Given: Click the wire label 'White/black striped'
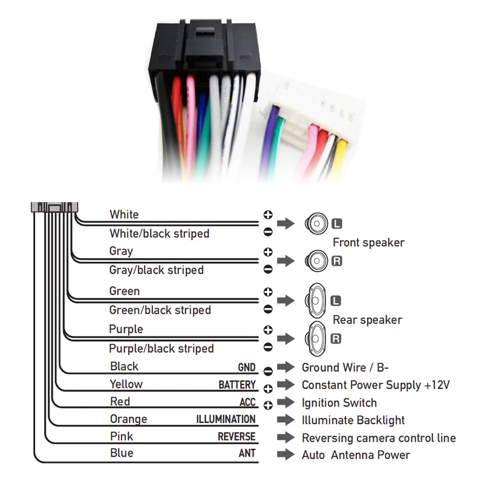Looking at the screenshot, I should [159, 234].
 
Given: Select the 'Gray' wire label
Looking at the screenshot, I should [121, 251].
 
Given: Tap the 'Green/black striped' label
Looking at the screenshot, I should [160, 310].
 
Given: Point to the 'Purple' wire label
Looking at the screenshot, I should [126, 329].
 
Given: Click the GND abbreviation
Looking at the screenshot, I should [246, 368].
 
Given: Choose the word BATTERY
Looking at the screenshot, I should [237, 385].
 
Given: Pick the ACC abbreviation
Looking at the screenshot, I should [247, 403].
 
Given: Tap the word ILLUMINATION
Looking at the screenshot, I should [226, 420].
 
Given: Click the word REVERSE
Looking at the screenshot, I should [237, 437].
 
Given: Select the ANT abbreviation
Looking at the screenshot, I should [247, 454].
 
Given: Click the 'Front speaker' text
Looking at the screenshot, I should [368, 243].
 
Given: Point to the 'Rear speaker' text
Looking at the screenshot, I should [367, 320].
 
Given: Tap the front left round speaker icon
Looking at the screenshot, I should [316, 224].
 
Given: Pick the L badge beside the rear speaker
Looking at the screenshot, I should [336, 301].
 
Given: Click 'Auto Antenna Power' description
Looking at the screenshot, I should [356, 455].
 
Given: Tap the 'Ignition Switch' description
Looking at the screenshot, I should [339, 403].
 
